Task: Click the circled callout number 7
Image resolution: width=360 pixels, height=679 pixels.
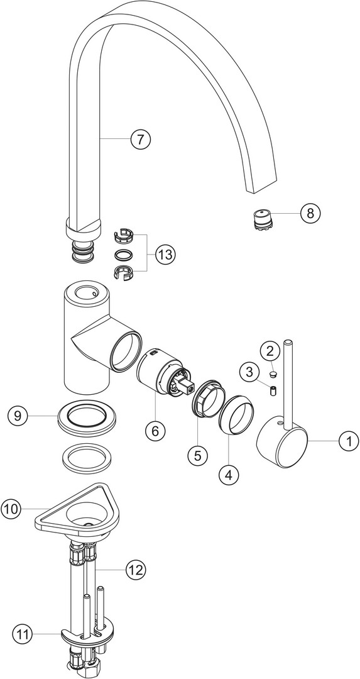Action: (x=140, y=140)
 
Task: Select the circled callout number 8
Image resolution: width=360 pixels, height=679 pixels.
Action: (x=310, y=213)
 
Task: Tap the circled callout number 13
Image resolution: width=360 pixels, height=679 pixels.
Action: (x=165, y=255)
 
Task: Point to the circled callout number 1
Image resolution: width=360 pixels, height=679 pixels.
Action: (x=349, y=441)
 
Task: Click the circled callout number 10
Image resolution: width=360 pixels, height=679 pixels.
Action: (x=12, y=509)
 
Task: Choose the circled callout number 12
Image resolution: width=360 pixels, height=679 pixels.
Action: (x=136, y=570)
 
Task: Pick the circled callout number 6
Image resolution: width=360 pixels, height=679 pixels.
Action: (x=155, y=431)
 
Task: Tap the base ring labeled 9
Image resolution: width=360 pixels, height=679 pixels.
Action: (x=88, y=419)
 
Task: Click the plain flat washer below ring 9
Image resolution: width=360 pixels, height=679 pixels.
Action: (x=88, y=459)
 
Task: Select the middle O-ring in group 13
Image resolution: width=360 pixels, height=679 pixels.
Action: (x=123, y=254)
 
